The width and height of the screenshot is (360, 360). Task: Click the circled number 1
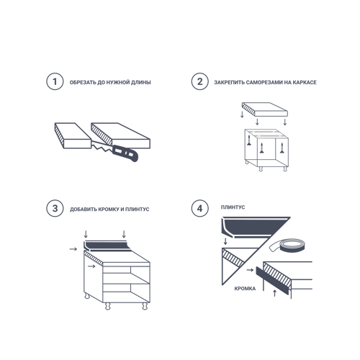[x=55, y=81]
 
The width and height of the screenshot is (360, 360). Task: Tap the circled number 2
[x=200, y=81]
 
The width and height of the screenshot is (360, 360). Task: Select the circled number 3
[x=55, y=208]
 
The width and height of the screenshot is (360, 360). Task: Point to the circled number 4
[x=200, y=208]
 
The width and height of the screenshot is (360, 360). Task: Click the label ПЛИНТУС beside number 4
[x=233, y=207]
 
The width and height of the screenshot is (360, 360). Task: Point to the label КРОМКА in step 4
[x=245, y=289]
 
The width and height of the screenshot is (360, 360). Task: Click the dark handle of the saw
[x=125, y=153]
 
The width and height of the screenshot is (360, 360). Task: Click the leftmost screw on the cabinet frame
[x=249, y=140]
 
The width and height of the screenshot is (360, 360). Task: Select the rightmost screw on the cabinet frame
[x=282, y=148]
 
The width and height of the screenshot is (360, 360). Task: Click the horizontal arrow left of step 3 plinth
[x=73, y=249]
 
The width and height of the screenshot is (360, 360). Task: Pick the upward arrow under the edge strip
[x=275, y=293]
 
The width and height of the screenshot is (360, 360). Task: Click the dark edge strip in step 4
[x=272, y=281]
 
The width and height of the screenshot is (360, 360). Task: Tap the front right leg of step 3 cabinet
[x=145, y=306]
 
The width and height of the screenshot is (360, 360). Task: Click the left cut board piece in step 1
[x=73, y=135]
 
